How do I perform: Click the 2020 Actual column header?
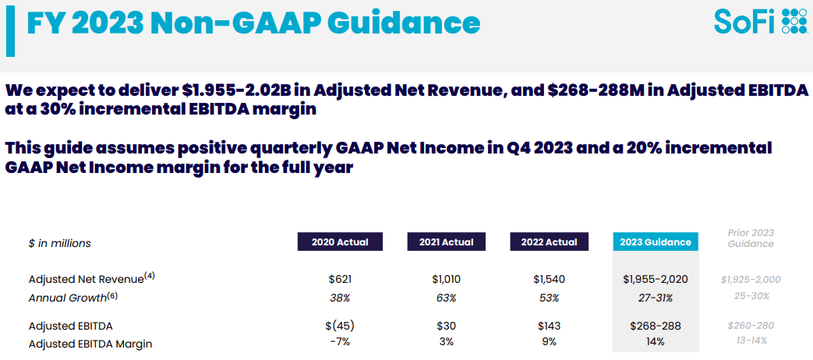pyautogui.click(x=340, y=242)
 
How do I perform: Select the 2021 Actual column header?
pyautogui.click(x=446, y=242)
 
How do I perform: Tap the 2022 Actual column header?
pyautogui.click(x=549, y=242)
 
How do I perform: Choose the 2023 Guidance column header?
pyautogui.click(x=655, y=242)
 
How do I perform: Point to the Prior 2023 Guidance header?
pyautogui.click(x=751, y=238)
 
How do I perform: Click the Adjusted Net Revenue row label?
pyautogui.click(x=86, y=278)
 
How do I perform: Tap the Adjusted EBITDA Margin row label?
pyautogui.click(x=90, y=343)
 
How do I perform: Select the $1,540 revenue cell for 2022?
pyautogui.click(x=550, y=279)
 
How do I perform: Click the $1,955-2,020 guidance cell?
pyautogui.click(x=655, y=279)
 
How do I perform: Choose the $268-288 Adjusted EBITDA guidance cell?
pyautogui.click(x=655, y=326)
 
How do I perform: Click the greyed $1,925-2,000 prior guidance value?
pyautogui.click(x=751, y=279)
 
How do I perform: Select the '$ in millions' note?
pyautogui.click(x=60, y=243)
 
